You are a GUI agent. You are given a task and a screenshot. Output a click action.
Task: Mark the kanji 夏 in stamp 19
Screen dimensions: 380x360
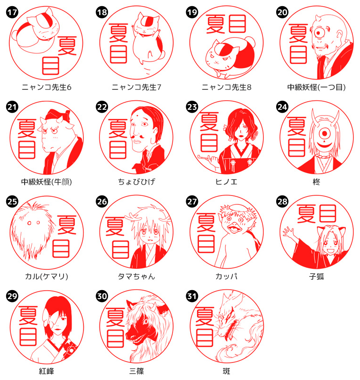point(215,24)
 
